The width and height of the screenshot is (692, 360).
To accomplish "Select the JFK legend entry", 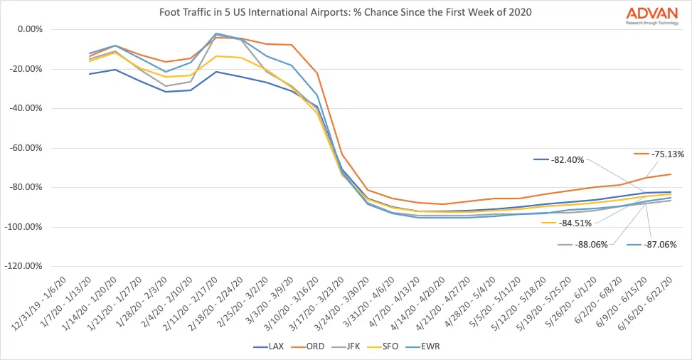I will (353, 346).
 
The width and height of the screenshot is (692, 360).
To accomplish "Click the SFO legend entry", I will (393, 346).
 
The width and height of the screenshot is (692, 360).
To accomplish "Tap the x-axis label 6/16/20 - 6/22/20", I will (649, 303).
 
